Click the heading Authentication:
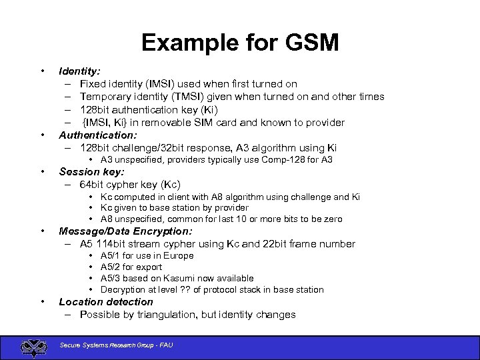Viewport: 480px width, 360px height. pos(98,135)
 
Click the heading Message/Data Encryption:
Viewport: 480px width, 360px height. pos(125,231)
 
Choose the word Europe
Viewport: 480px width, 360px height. pos(179,256)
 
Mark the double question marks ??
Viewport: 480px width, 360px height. pos(186,290)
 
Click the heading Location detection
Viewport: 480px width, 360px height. pos(106,302)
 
